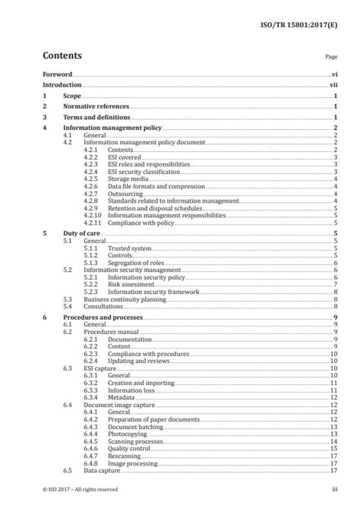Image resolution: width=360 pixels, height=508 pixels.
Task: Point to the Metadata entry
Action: [122, 396]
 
